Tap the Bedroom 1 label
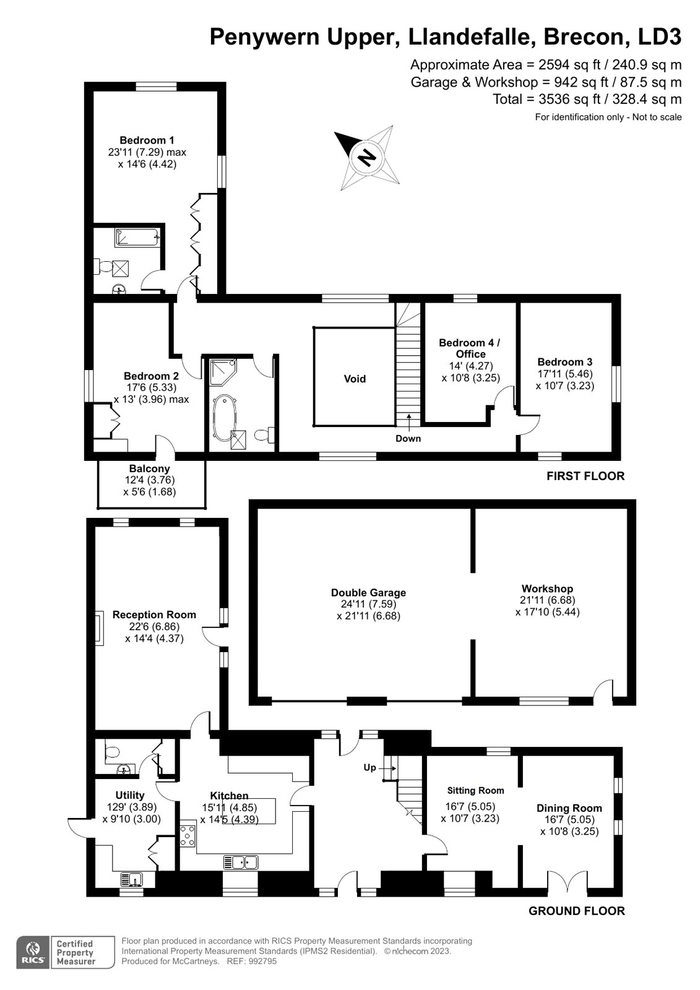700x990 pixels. (147, 140)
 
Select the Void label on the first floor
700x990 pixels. (355, 379)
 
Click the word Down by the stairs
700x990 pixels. (408, 439)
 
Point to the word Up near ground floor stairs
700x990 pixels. (369, 767)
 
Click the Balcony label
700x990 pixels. (149, 469)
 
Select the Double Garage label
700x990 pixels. (368, 593)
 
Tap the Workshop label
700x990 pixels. (547, 588)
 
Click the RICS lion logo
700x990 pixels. (32, 952)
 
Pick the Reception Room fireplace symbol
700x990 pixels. (98, 629)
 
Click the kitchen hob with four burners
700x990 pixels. (188, 835)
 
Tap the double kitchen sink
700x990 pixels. (241, 861)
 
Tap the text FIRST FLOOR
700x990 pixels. (585, 476)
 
